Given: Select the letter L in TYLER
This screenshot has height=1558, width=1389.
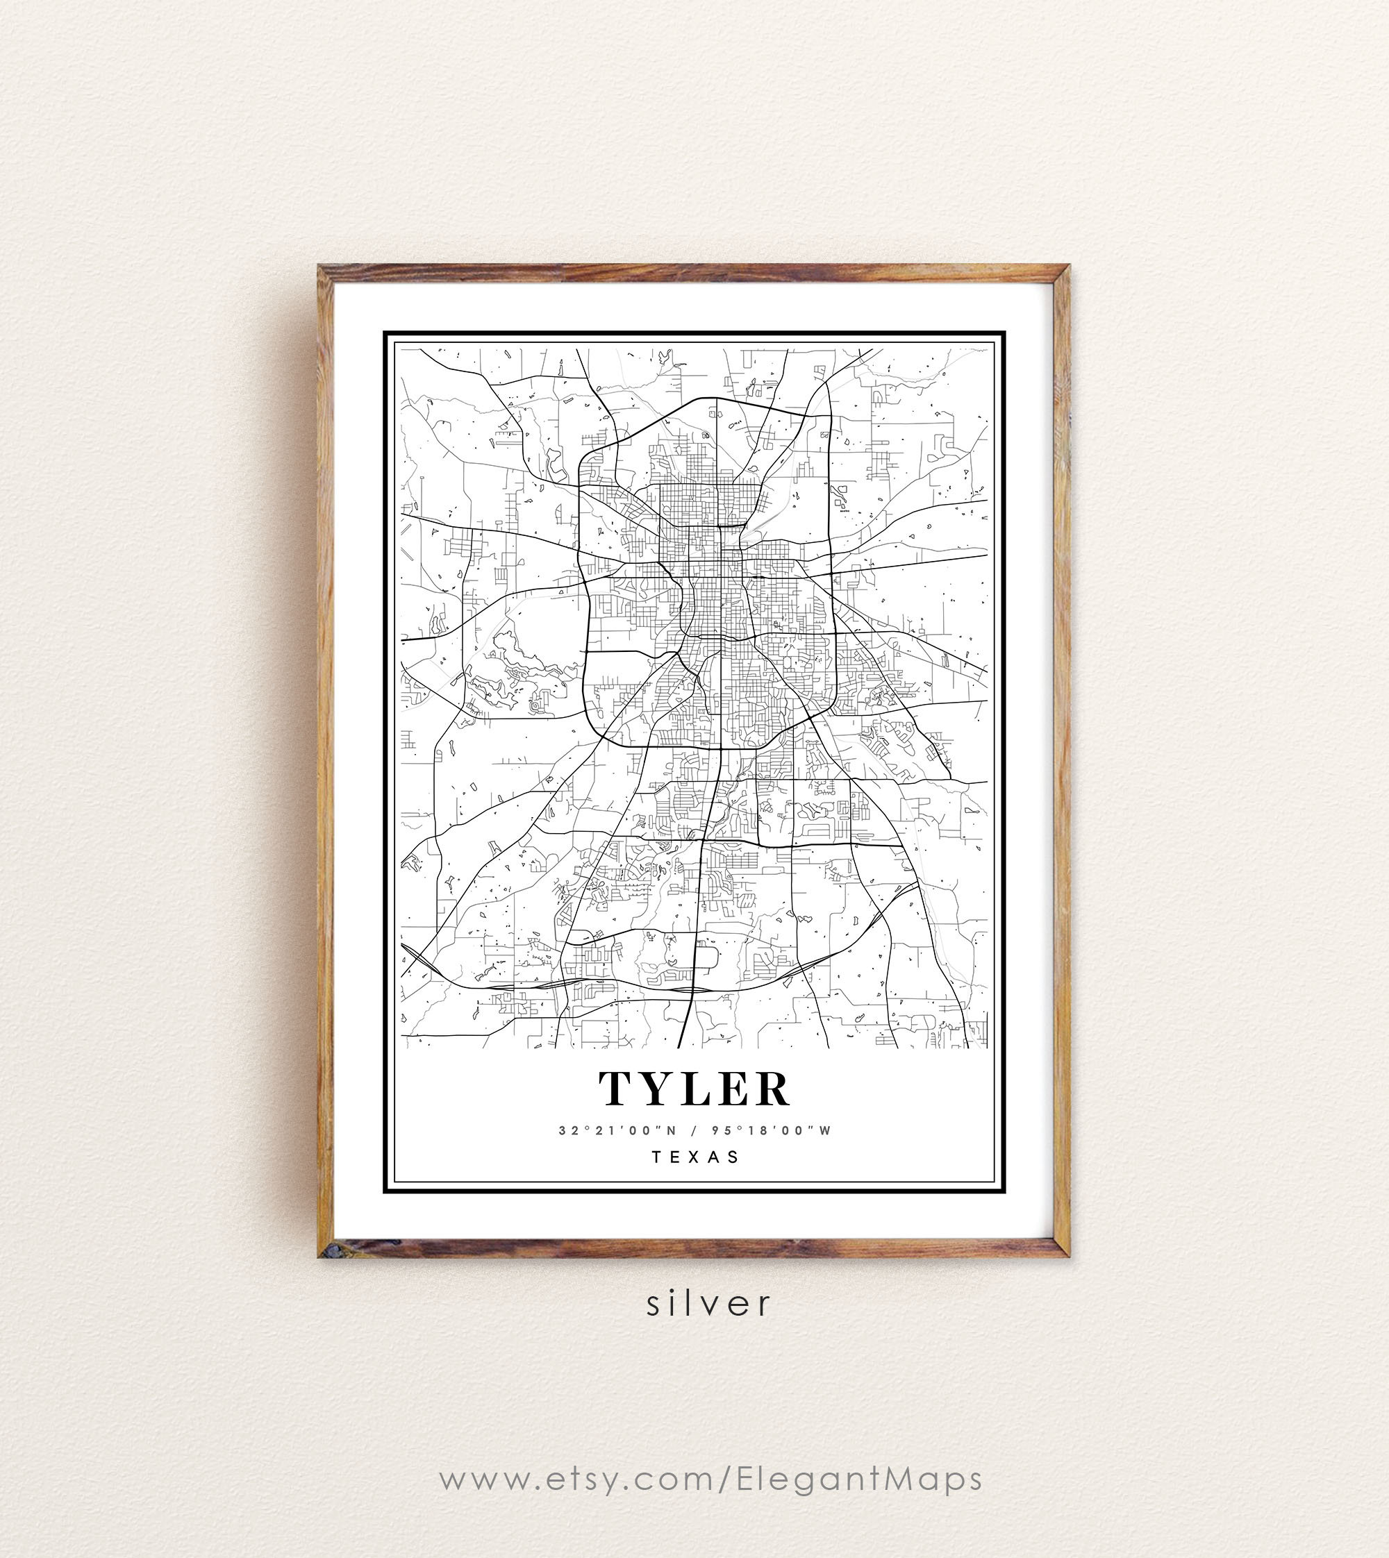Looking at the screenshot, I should (x=695, y=1088).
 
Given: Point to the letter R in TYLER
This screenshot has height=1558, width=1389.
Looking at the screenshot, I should (x=772, y=1088).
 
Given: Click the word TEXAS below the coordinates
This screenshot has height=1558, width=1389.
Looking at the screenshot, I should (x=694, y=1157).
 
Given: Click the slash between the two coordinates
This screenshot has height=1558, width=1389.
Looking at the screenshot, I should (x=693, y=1130).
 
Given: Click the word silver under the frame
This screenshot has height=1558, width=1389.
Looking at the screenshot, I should (x=708, y=1303).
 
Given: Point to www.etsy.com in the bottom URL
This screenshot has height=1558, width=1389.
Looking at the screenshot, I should (x=577, y=1479).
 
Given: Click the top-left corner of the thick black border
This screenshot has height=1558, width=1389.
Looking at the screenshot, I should (x=385, y=333).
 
